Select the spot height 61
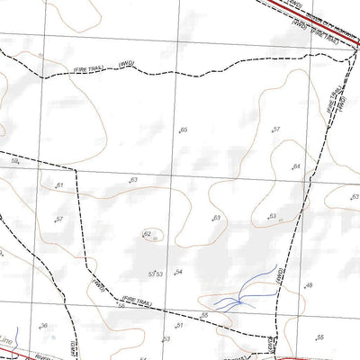click(x=59, y=185)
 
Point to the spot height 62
click(x=147, y=234)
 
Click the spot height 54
click(x=179, y=272)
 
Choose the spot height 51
click(x=179, y=325)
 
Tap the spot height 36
click(x=42, y=326)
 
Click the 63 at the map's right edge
click(x=355, y=197)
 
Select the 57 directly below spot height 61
click(x=58, y=220)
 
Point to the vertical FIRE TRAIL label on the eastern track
click(x=334, y=101)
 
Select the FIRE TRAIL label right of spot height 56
click(x=152, y=302)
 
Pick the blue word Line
click(x=8, y=342)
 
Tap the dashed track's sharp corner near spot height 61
click(x=76, y=169)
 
